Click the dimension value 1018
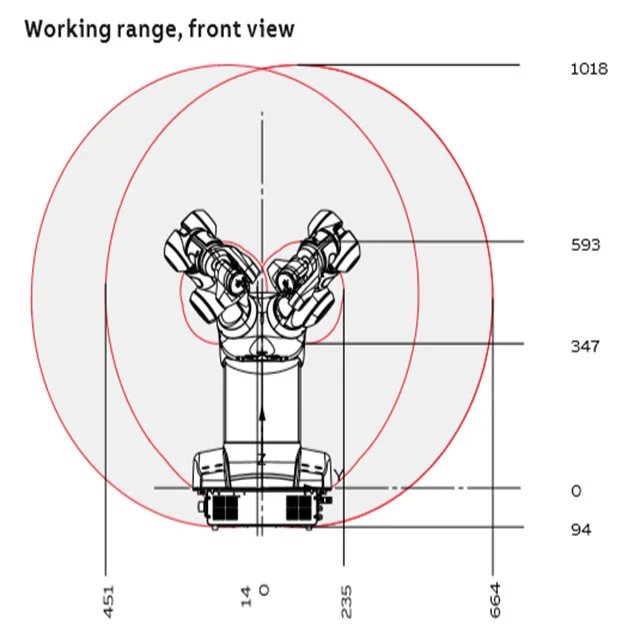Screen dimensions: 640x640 click(x=588, y=69)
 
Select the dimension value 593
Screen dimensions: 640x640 click(x=585, y=244)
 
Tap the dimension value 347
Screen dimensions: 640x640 click(x=585, y=347)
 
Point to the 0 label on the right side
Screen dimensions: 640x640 click(x=576, y=491)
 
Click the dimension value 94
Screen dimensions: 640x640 click(x=580, y=529)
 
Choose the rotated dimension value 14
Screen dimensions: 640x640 click(x=246, y=595)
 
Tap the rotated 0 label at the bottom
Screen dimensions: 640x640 click(x=264, y=589)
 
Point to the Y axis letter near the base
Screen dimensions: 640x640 click(x=339, y=474)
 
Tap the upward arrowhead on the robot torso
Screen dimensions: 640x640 click(x=262, y=411)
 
